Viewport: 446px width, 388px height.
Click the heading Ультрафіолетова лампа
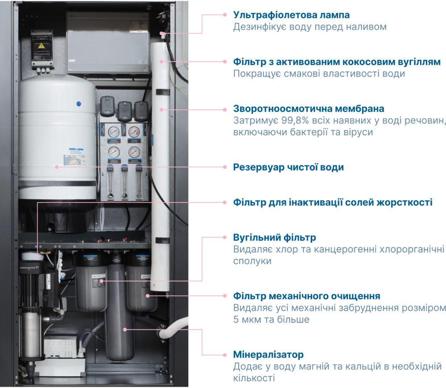click(291, 15)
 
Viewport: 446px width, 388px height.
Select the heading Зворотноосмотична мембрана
click(309, 109)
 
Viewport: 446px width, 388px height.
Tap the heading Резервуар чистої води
click(289, 167)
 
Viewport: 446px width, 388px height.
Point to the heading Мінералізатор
click(268, 355)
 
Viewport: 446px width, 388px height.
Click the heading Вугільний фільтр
click(274, 238)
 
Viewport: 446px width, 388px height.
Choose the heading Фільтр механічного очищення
click(307, 296)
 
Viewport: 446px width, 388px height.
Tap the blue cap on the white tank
click(79, 104)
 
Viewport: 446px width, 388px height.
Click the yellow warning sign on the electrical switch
click(41, 45)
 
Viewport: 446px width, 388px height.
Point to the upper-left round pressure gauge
click(114, 132)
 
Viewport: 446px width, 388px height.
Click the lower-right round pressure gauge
click(134, 152)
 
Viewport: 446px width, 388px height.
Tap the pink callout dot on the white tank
click(57, 167)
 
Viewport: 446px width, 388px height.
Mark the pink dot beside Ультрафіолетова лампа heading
click(225, 15)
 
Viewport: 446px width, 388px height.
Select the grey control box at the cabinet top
click(108, 42)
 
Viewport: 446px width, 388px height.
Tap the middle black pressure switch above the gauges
click(124, 111)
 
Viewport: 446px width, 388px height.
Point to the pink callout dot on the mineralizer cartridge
click(125, 330)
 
